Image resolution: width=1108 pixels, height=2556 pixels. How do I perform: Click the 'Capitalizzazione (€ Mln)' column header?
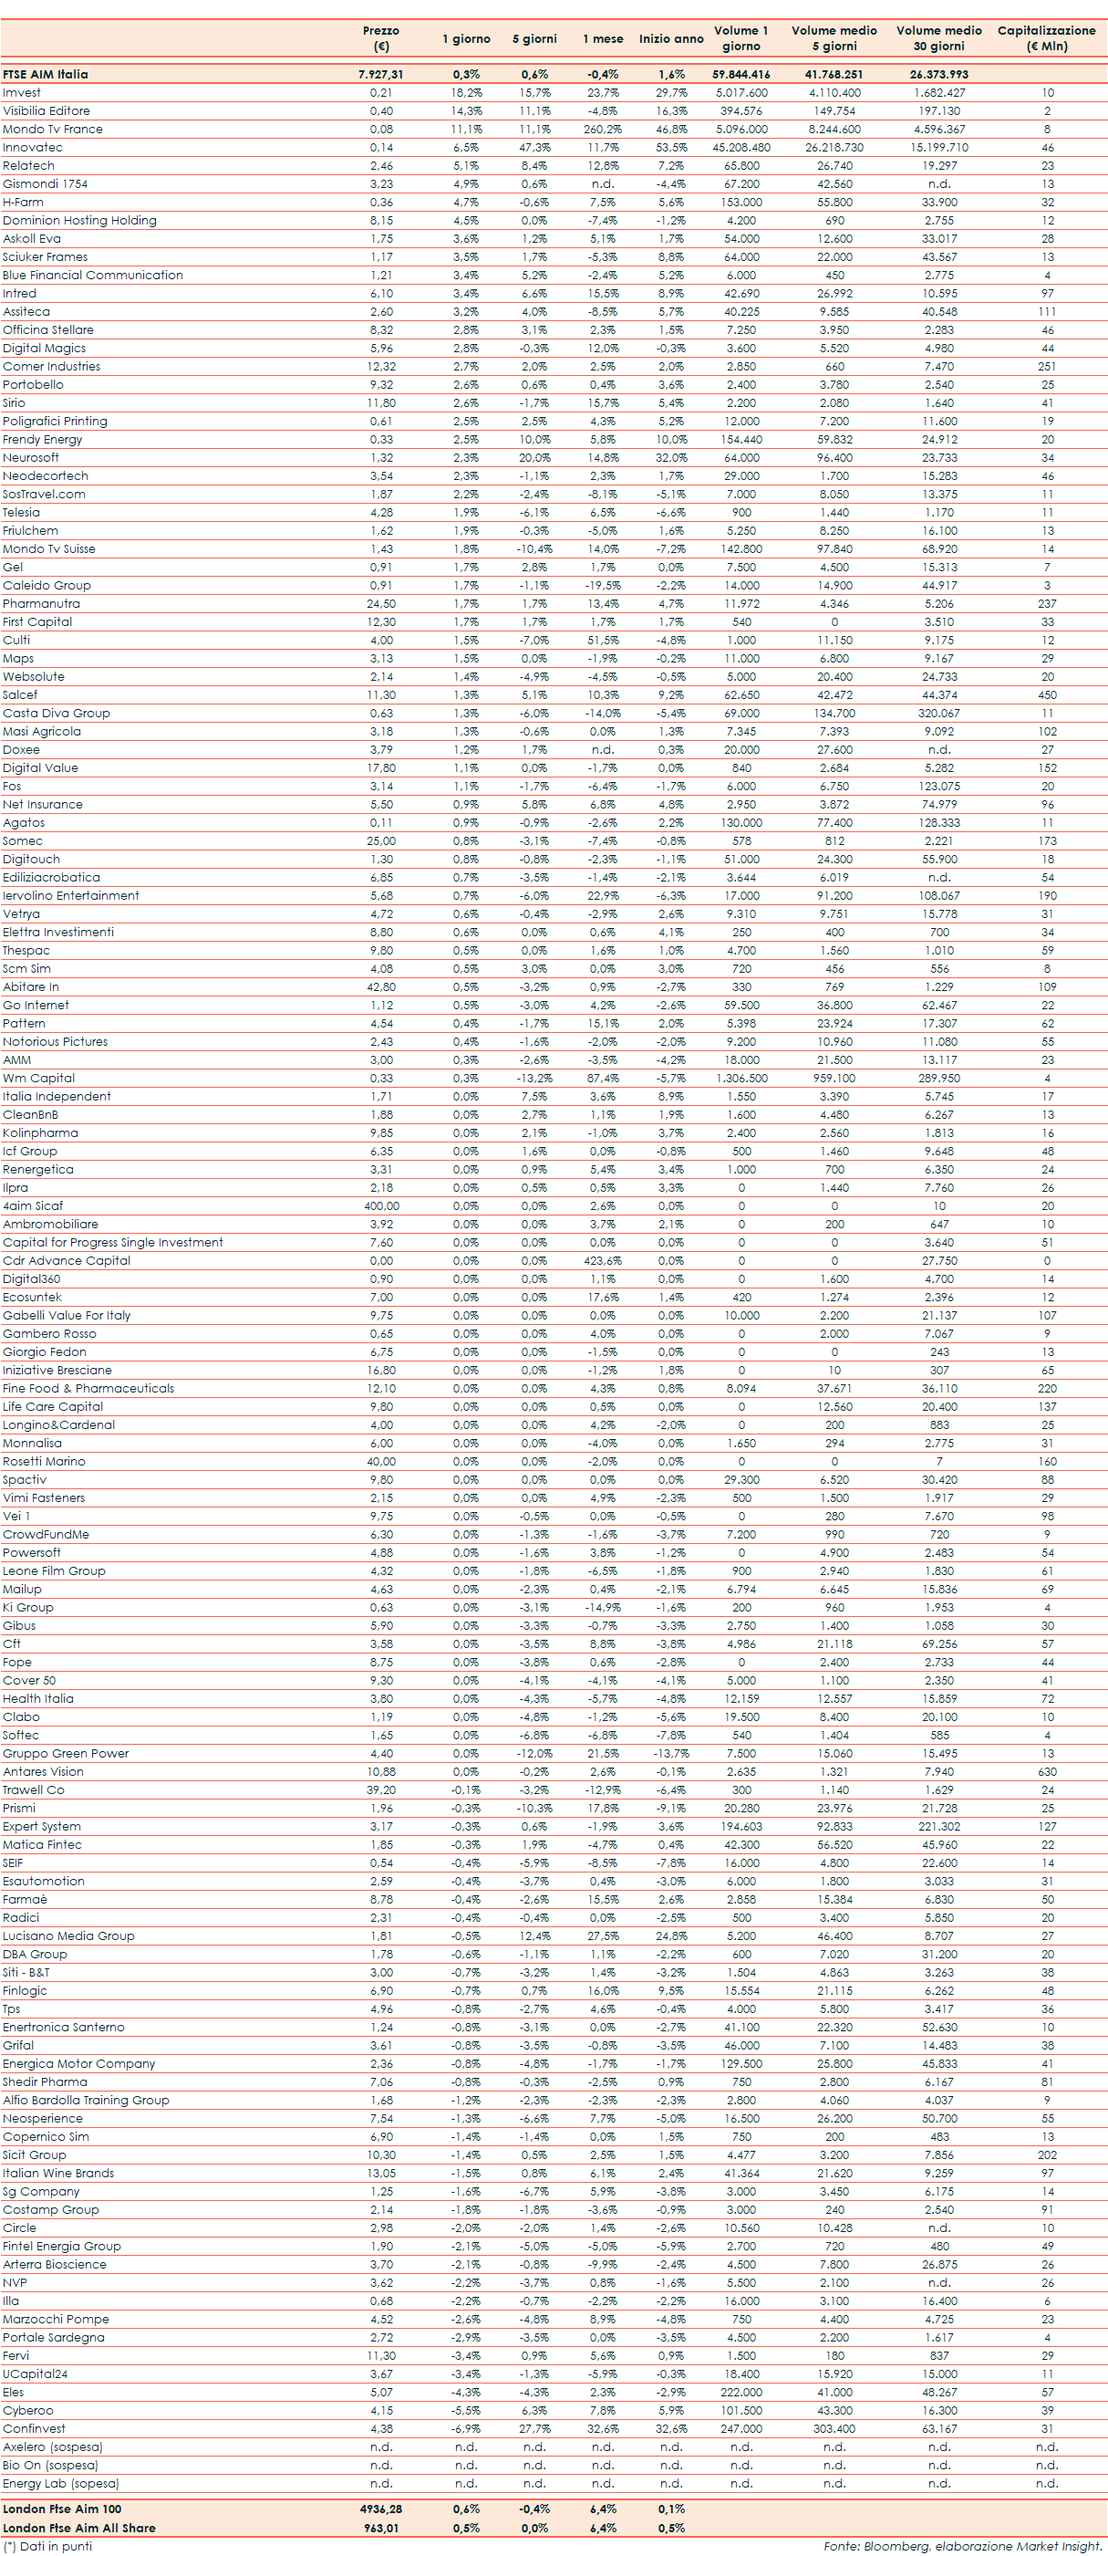point(1047,37)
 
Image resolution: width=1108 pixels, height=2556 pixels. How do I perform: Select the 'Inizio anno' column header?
point(670,38)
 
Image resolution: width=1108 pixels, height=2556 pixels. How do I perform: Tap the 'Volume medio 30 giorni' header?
point(938,37)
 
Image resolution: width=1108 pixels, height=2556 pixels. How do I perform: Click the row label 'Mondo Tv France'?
point(53,129)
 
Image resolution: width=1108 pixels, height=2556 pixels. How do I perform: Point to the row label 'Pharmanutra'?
point(42,603)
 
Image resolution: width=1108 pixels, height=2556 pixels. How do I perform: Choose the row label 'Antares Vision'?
point(43,1771)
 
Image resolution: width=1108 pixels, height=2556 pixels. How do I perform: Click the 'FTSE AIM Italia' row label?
point(45,75)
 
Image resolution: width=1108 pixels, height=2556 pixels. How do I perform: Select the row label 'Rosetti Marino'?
point(44,1461)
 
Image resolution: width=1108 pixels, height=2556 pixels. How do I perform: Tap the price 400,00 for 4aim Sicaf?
point(381,1205)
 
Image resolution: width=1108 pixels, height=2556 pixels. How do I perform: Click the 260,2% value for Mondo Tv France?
point(602,129)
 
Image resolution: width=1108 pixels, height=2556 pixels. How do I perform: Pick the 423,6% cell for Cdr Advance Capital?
point(602,1260)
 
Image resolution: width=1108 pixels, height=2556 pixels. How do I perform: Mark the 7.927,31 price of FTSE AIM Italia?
point(381,75)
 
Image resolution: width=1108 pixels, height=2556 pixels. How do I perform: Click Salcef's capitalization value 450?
point(1047,694)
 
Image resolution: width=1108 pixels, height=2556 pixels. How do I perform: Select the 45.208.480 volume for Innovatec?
point(741,147)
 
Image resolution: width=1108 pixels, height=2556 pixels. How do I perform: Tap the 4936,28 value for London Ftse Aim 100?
point(381,2509)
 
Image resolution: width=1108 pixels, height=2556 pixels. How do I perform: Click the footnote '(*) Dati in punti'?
point(47,2546)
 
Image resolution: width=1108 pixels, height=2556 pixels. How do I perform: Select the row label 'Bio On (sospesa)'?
point(49,2465)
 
